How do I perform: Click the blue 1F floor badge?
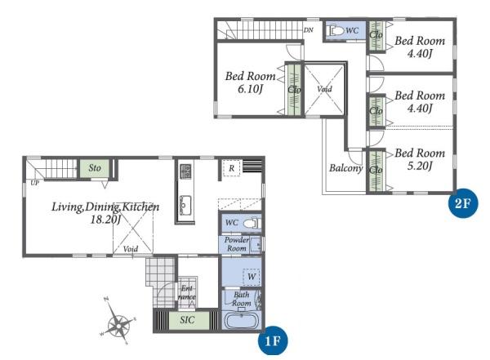273,340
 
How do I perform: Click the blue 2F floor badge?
462,203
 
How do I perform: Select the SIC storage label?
187,320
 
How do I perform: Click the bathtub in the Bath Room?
241,321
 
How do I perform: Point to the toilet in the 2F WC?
335,31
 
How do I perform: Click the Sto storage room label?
95,168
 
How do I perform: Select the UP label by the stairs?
34,183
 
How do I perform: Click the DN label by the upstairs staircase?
309,30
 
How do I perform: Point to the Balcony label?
346,168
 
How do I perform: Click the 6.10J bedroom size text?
250,89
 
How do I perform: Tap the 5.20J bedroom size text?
420,166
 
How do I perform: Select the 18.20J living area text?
105,220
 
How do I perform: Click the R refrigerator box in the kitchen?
232,168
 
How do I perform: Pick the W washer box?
252,276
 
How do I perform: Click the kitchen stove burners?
185,171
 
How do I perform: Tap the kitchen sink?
185,203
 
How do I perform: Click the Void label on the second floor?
324,89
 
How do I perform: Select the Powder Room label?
237,244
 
